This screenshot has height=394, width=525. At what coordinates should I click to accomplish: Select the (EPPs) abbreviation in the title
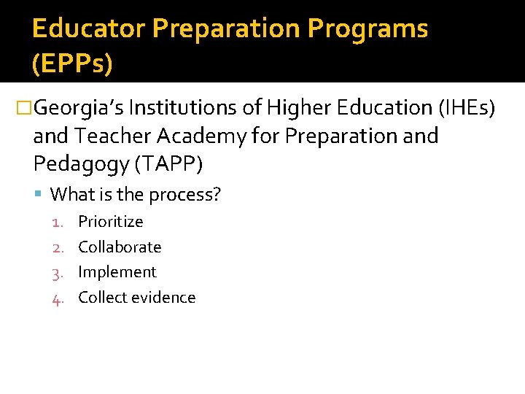pos(72,64)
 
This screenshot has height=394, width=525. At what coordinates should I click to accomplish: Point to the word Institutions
pos(197,108)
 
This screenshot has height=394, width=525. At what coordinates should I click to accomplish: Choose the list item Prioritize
pos(111,221)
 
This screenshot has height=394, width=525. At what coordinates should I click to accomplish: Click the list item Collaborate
pos(120,247)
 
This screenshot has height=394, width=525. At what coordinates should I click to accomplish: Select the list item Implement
pos(117,272)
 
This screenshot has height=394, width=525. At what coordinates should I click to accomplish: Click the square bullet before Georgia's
pos(25,109)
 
